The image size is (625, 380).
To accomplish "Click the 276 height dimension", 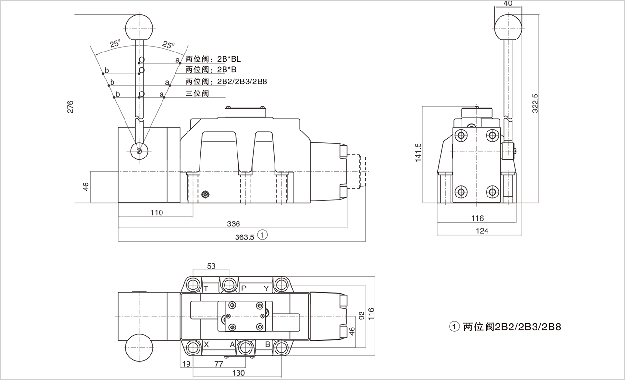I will [70, 106].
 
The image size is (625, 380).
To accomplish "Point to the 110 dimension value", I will [156, 212].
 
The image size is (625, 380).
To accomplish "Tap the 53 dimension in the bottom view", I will [211, 266].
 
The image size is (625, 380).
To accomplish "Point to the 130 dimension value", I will [238, 373].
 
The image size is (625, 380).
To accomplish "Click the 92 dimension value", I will [362, 316].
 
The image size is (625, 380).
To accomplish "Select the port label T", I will [206, 288].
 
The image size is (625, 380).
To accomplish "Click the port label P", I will [243, 288].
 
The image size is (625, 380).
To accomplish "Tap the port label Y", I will [266, 288].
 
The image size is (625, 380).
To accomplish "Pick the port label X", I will [206, 344].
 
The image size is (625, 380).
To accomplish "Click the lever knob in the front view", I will [138, 27].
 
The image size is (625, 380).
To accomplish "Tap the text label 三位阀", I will [197, 93].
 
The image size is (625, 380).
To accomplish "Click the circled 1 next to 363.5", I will [262, 236].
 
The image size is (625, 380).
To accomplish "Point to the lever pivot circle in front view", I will [138, 151].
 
